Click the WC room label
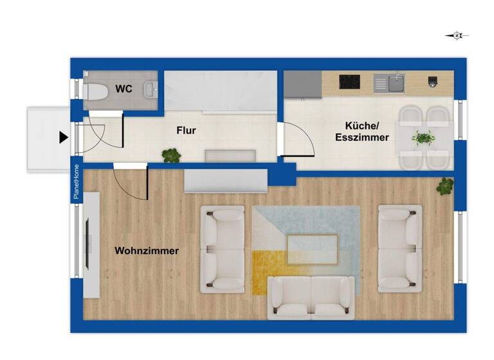pyautogui.click(x=124, y=89)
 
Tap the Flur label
pyautogui.click(x=187, y=130)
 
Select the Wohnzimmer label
pyautogui.click(x=147, y=251)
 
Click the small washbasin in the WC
pyautogui.click(x=152, y=89)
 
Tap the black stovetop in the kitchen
pyautogui.click(x=349, y=82)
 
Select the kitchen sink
pyautogui.click(x=390, y=83)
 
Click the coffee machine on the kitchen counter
pyautogui.click(x=433, y=82)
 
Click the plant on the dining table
pyautogui.click(x=423, y=137)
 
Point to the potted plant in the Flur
pyautogui.click(x=171, y=155)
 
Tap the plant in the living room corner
pyautogui.click(x=444, y=186)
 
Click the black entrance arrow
pyautogui.click(x=63, y=137)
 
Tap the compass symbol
pyautogui.click(x=457, y=36)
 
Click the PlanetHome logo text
pyautogui.click(x=76, y=182)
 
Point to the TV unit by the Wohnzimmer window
pyautogui.click(x=91, y=245)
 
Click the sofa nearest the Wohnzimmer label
pyautogui.click(x=223, y=249)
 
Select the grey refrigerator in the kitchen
pyautogui.click(x=303, y=84)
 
